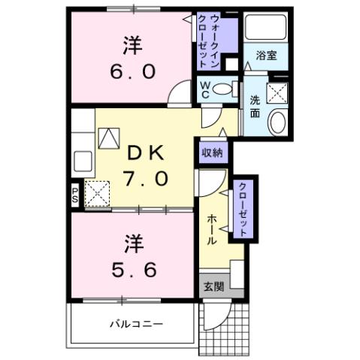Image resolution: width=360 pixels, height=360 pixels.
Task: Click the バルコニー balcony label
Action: (x=138, y=323)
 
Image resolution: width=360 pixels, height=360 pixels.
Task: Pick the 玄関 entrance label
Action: (x=213, y=286)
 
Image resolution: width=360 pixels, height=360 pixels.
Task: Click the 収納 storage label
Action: (x=213, y=153)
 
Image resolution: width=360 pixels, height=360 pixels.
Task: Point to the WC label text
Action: (x=204, y=90)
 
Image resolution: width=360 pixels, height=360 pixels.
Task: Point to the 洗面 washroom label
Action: (x=255, y=107)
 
